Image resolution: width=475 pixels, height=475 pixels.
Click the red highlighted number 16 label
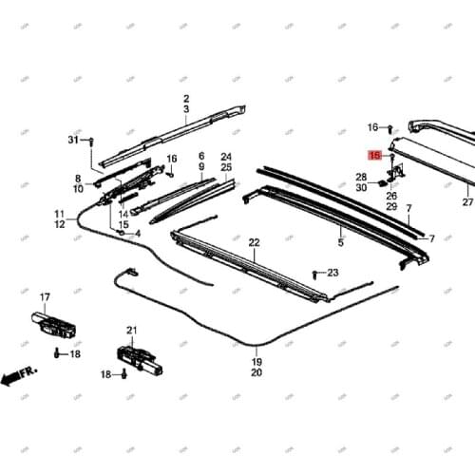coord(375,153)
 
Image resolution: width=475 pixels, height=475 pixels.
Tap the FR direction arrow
coord(17,376)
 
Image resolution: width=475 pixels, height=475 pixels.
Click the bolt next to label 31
coord(90,142)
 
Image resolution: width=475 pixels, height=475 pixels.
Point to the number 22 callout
coord(254,243)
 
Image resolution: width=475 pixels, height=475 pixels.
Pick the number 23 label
coord(332,273)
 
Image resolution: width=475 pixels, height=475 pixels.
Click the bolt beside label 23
coord(316,273)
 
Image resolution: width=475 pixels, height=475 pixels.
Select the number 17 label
coord(45,297)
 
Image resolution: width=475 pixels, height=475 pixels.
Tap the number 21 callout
coord(132,331)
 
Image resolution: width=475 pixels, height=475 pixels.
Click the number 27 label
coord(466,202)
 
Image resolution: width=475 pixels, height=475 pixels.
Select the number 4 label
coord(137,233)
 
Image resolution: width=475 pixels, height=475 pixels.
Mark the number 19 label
coord(256,363)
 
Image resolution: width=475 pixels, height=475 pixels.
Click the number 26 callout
coord(391,196)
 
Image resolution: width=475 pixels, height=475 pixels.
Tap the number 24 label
coord(226,156)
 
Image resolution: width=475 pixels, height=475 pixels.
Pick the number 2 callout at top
coord(186,99)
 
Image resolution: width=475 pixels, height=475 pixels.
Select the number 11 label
coord(59,214)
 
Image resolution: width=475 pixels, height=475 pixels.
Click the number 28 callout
coord(361,177)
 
